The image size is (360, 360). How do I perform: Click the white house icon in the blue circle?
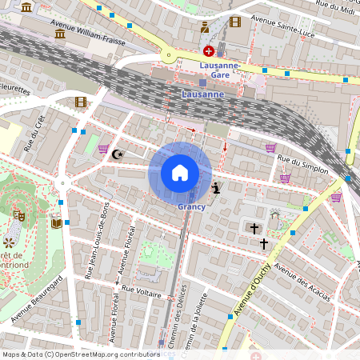coord(180,173)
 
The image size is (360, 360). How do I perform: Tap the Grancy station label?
coord(192,207)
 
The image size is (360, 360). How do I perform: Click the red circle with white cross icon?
coord(208,50)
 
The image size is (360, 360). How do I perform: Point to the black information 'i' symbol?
coord(217,189)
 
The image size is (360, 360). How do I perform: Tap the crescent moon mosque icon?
coord(118,154)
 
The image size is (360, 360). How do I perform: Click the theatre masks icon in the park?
coord(21,215)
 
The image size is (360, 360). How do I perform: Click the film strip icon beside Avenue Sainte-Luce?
coord(234,22)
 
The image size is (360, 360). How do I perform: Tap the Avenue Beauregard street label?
coord(39,302)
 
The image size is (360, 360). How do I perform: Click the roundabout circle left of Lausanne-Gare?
coord(168,56)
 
